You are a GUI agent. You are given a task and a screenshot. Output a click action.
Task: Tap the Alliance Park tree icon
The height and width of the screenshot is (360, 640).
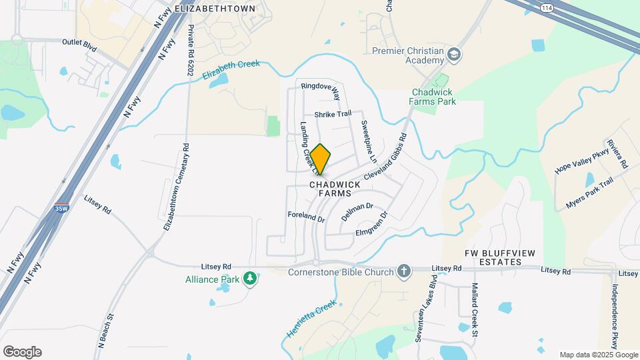pos(250,277)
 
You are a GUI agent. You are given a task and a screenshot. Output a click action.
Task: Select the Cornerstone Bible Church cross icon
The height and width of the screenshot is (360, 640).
pos(403,271)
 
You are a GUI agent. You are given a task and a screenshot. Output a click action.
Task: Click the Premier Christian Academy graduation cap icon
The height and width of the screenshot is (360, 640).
pos(455,55)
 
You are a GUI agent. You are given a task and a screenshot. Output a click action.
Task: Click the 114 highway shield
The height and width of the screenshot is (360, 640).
pos(546,7)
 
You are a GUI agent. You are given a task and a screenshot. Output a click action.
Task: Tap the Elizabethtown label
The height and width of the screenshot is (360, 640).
pos(215,9)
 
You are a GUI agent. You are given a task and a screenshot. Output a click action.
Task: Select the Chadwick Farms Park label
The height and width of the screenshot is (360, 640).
pos(433,97)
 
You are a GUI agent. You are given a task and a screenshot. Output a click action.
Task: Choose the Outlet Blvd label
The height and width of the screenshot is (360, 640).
pos(80,41)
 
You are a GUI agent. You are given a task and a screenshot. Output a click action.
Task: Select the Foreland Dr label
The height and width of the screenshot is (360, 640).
pos(305,217)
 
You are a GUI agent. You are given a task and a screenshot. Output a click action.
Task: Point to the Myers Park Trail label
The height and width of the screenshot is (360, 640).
pos(589,192)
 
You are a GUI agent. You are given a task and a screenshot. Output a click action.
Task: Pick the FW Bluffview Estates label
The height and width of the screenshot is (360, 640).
pos(493,257)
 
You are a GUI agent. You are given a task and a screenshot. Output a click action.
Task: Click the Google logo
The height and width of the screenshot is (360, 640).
pos(22,352)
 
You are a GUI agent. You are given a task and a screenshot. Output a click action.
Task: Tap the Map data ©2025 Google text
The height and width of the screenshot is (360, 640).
pos(599,355)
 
